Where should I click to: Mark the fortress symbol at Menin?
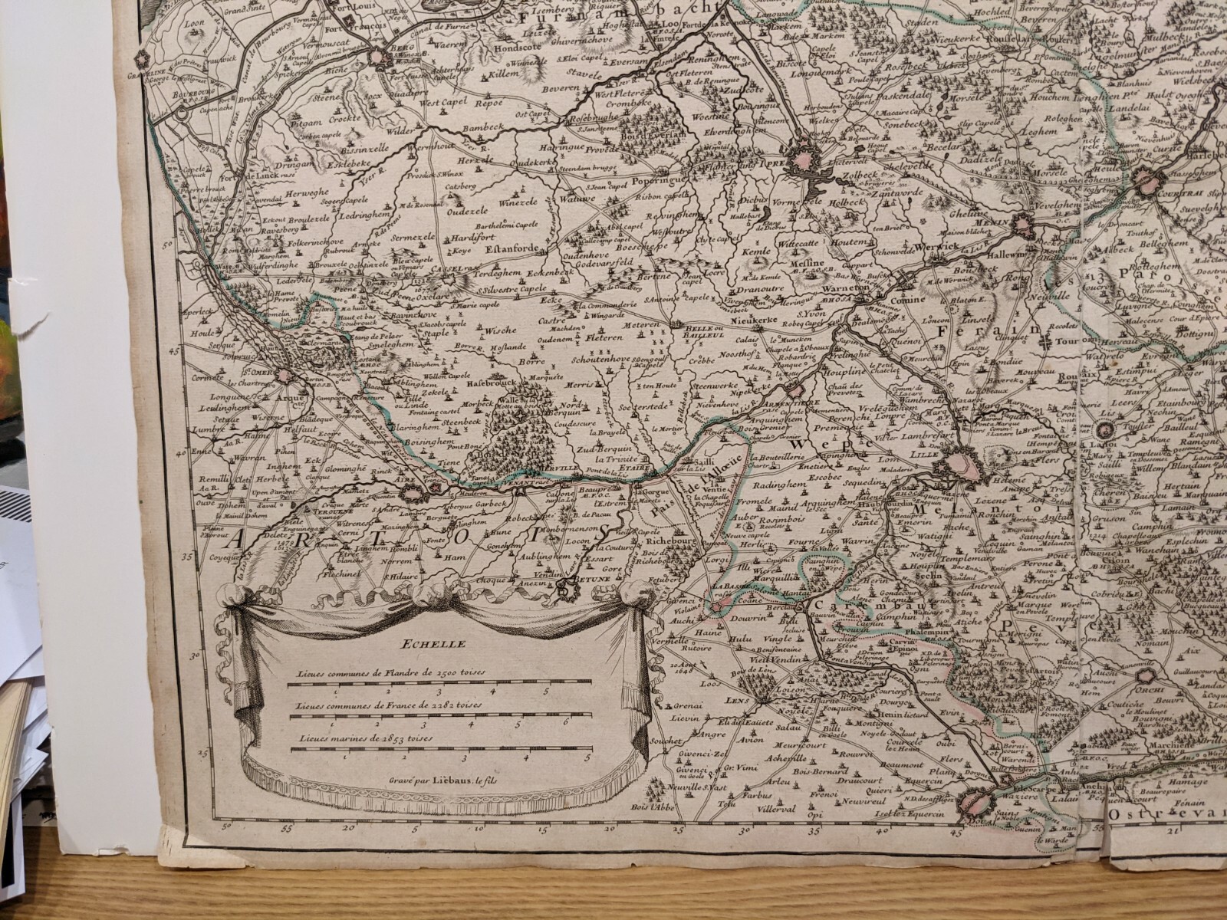tap(1024, 224)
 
